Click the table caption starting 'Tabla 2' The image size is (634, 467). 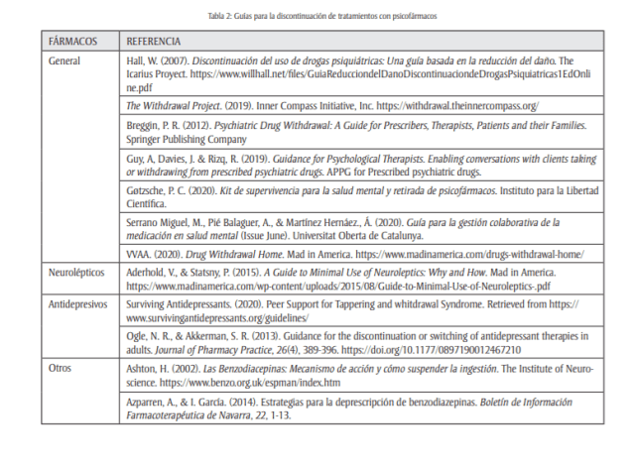(x=317, y=17)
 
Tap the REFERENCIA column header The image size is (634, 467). (x=154, y=43)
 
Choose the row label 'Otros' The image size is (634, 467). (x=61, y=368)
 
